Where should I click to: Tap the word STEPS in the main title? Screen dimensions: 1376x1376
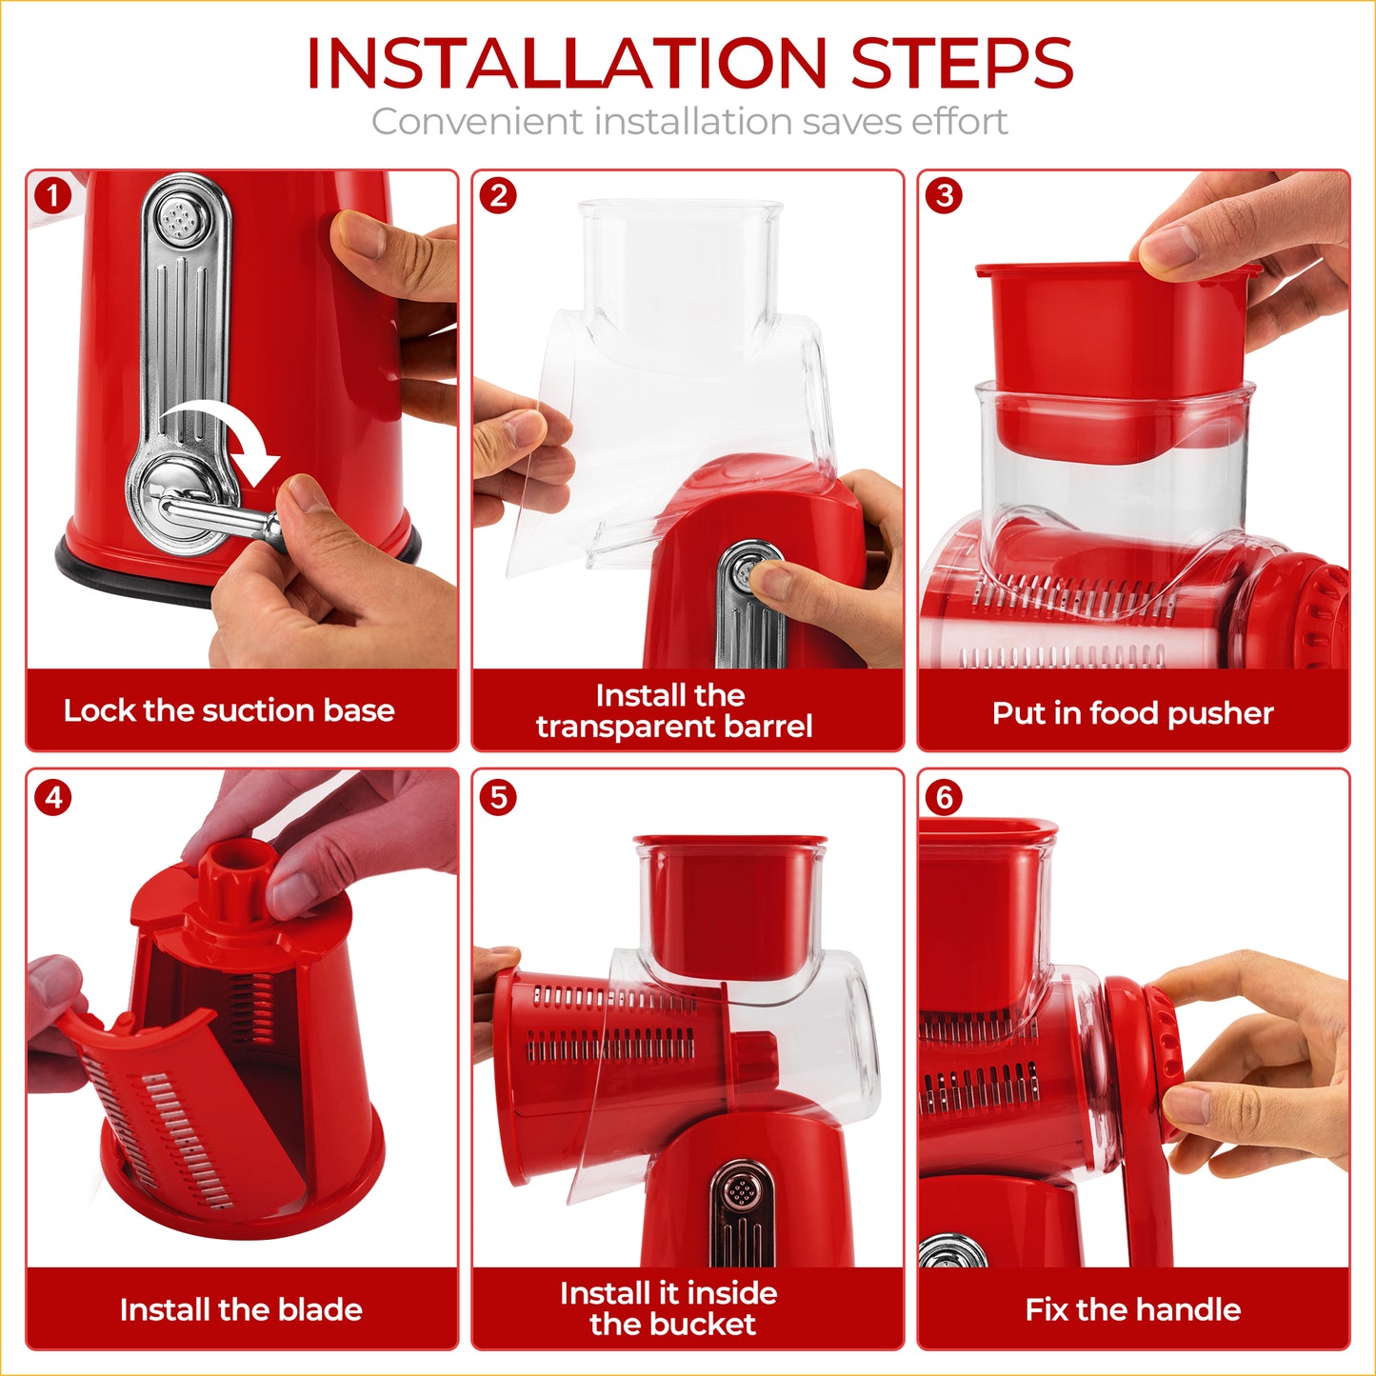point(962,64)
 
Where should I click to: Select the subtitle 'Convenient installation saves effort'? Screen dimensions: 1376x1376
point(688,122)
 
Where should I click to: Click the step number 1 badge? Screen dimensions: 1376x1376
point(53,196)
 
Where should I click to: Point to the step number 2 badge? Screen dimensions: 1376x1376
point(499,196)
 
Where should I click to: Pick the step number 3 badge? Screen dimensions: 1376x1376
point(945,196)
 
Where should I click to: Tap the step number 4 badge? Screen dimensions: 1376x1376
point(53,797)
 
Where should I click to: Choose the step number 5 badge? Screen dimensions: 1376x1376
point(499,797)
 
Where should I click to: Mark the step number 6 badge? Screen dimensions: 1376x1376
point(945,797)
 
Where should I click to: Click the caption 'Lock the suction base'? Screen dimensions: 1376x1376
point(229,710)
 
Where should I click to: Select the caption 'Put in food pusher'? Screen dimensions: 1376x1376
point(1132,713)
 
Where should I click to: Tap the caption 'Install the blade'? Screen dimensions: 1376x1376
point(241,1309)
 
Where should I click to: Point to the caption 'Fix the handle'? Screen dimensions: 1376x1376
point(1132,1309)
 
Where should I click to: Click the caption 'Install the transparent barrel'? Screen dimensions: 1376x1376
point(673,711)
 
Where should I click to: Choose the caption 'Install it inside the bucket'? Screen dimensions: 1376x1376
point(670,1308)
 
